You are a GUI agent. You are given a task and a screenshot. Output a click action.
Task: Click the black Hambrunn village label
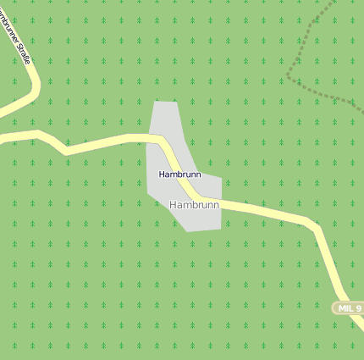pos(179,174)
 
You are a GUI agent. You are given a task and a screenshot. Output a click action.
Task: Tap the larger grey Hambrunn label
pos(194,205)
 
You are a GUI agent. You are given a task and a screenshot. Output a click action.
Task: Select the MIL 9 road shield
pos(349,308)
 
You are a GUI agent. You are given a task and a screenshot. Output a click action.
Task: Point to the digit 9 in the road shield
pos(358,308)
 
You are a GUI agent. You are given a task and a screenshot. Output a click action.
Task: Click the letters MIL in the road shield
pos(345,308)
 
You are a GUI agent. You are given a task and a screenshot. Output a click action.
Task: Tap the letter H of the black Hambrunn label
pos(162,174)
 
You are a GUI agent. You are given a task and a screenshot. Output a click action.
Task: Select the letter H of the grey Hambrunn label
pos(174,205)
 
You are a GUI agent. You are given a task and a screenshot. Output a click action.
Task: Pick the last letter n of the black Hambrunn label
pos(198,174)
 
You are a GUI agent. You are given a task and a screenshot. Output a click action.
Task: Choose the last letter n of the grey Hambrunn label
pos(216,205)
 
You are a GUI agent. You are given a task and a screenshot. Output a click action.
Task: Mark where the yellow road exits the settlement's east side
pos(221,202)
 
